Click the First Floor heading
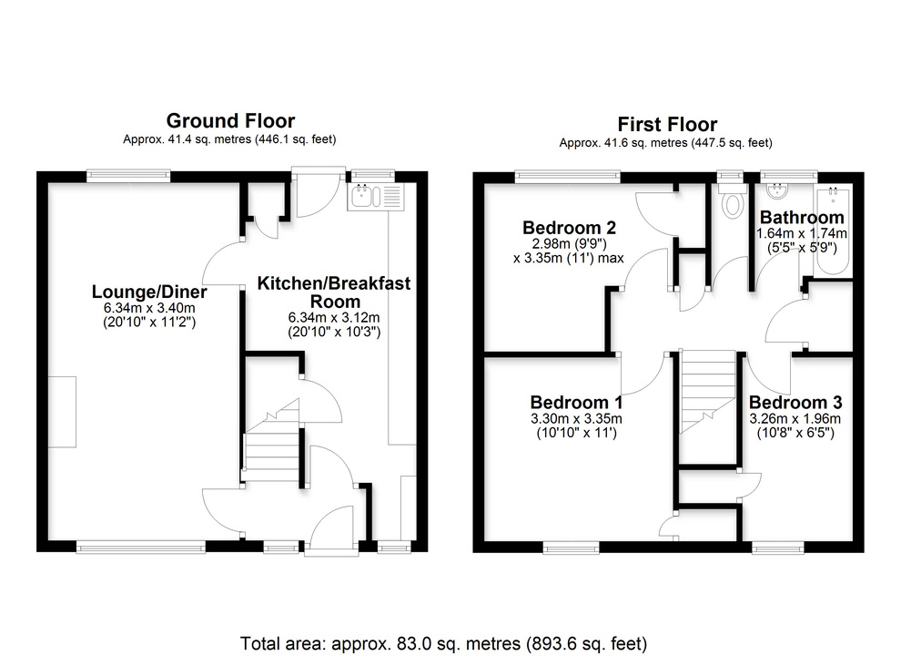coord(666,124)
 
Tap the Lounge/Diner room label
coord(148,292)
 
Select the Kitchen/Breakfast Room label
coord(334,292)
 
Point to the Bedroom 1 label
coord(576,402)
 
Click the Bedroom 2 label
coord(562,227)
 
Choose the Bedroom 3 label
coord(795,402)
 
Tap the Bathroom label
coord(802,218)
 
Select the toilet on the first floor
coord(731,201)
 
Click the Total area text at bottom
coord(443,644)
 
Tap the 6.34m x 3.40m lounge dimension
coord(148,309)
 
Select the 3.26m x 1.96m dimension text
coord(795,418)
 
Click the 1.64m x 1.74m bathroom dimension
coord(802,234)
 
